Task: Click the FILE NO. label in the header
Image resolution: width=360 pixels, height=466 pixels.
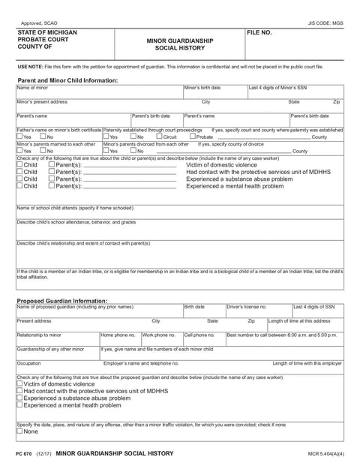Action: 259,34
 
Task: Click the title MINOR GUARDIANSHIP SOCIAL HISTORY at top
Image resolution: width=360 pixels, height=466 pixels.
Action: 179,44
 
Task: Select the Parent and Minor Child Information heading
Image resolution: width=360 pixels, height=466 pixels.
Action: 67,80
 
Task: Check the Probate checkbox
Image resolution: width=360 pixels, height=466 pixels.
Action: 193,137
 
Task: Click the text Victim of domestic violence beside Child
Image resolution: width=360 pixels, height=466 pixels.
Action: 221,164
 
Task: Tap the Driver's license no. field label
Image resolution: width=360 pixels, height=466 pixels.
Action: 247,307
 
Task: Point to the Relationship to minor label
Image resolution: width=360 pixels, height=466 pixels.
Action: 39,335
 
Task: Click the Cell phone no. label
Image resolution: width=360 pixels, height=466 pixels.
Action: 199,335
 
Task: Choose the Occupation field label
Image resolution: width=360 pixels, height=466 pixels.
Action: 28,362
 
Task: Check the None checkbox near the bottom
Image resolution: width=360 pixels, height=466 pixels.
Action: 19,431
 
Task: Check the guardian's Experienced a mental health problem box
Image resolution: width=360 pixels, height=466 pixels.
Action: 19,404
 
